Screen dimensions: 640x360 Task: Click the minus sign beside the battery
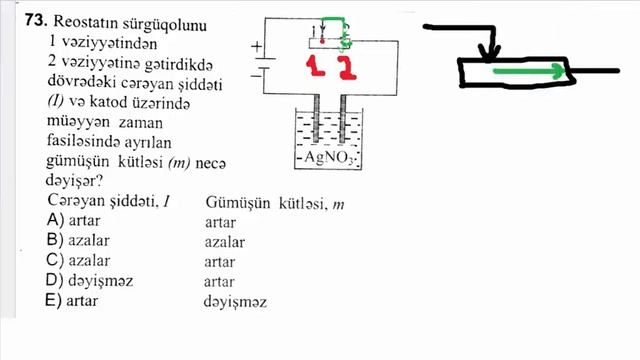tap(257, 72)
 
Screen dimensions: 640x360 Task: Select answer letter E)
tap(55, 300)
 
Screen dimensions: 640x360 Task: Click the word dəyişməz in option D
tap(102, 280)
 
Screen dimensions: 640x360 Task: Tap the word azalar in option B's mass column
tap(224, 241)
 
